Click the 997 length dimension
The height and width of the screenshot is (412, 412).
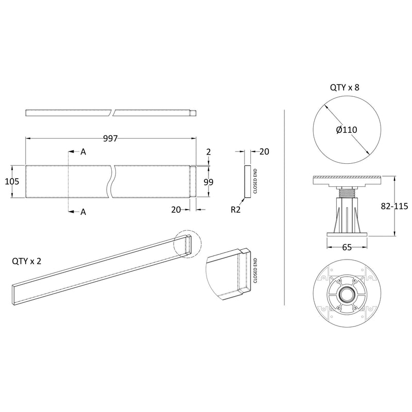[x=111, y=139]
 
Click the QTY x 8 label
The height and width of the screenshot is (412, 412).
[x=345, y=88]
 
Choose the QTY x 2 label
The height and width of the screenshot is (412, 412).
[x=26, y=261]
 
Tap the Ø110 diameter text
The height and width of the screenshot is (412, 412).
[x=347, y=130]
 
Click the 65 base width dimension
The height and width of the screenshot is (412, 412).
[x=347, y=247]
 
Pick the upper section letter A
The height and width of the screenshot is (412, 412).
[x=83, y=152]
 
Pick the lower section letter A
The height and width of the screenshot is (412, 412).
[x=83, y=212]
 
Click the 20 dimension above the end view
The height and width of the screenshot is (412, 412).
[x=264, y=151]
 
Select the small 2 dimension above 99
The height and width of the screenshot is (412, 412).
[x=209, y=152]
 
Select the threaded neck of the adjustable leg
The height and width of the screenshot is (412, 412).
[x=347, y=194]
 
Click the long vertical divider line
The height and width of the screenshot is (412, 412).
[x=285, y=206]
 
